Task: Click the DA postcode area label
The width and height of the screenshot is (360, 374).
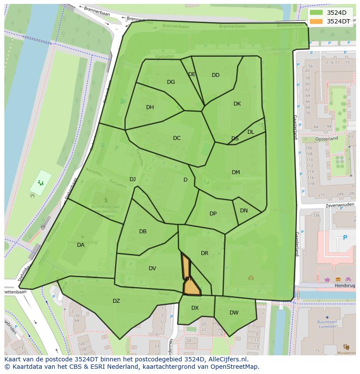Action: tap(80, 245)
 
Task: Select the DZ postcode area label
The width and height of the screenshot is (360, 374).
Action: tap(116, 301)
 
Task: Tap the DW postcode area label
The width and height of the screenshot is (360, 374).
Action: tap(234, 313)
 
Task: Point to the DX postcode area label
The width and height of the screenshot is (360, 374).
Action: tap(195, 308)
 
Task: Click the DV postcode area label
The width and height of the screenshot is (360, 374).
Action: tap(152, 268)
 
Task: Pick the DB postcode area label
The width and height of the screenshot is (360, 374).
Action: tap(143, 232)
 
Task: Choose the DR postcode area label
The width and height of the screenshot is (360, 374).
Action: tap(204, 253)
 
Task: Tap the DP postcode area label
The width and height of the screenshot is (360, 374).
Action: tap(213, 214)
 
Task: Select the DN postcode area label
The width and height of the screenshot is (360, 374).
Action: tap(244, 211)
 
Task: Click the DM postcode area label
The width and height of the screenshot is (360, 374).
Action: tap(236, 172)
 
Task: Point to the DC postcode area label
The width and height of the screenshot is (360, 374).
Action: tap(177, 138)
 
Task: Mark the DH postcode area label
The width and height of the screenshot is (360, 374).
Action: tap(150, 107)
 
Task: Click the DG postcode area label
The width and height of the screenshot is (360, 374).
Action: tap(171, 82)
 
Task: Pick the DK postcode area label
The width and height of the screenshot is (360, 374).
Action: tap(237, 104)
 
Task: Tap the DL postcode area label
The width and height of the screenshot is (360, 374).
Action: tap(251, 132)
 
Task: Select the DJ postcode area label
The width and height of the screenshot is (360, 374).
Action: tap(133, 179)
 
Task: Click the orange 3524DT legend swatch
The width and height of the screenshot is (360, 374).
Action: tap(317, 21)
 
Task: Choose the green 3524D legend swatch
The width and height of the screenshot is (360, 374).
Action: tap(317, 13)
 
